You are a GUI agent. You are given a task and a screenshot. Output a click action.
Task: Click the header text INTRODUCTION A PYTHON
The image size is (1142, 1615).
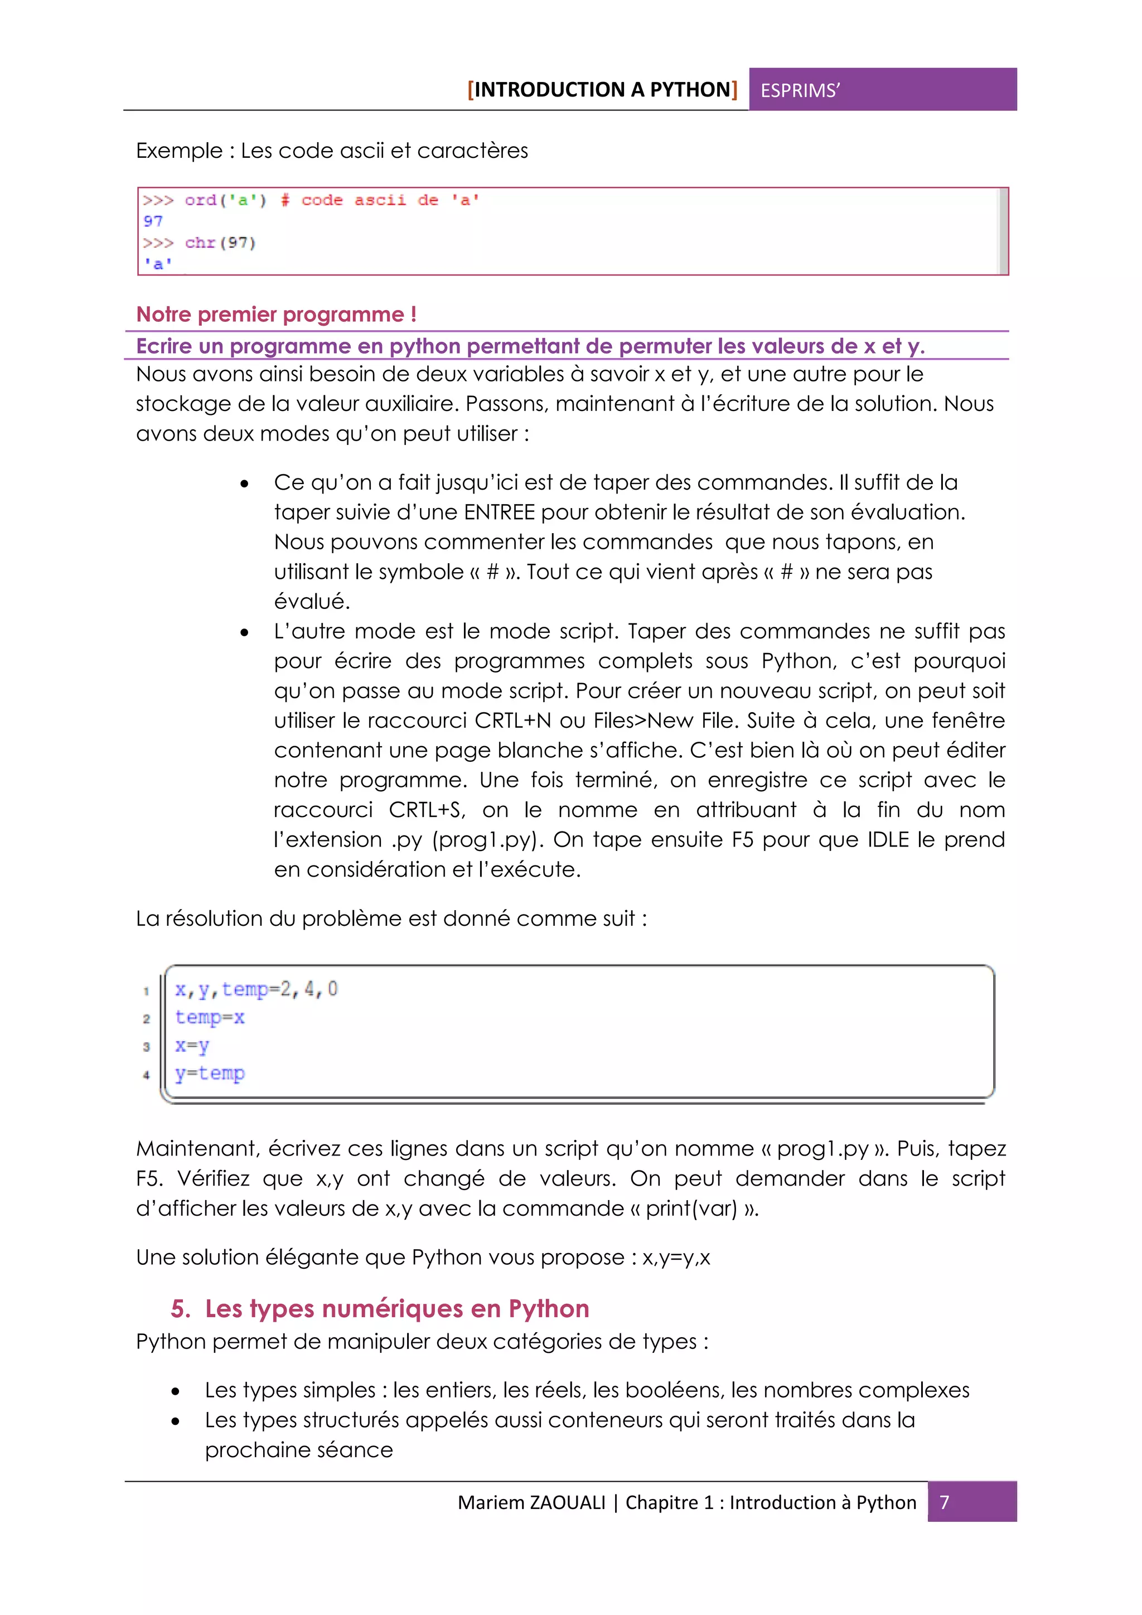603,90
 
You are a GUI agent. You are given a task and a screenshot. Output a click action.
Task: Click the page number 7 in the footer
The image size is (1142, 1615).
945,1502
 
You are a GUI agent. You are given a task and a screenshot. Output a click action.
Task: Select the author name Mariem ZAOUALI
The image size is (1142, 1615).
531,1502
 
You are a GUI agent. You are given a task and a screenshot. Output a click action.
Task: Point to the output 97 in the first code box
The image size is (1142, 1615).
153,221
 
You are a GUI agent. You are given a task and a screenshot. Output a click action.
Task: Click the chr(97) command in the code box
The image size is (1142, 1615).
220,243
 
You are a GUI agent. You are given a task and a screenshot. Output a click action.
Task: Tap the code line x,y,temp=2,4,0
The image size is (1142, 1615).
256,990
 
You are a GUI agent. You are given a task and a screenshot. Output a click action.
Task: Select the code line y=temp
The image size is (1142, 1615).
210,1074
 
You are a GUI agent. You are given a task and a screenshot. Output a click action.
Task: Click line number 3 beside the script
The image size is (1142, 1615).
146,1047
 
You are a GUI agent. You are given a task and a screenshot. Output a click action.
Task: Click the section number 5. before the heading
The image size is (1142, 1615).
181,1309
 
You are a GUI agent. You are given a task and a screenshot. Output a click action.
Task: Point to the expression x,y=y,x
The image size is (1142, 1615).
676,1258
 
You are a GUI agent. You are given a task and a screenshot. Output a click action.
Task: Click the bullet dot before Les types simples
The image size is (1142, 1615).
175,1391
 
